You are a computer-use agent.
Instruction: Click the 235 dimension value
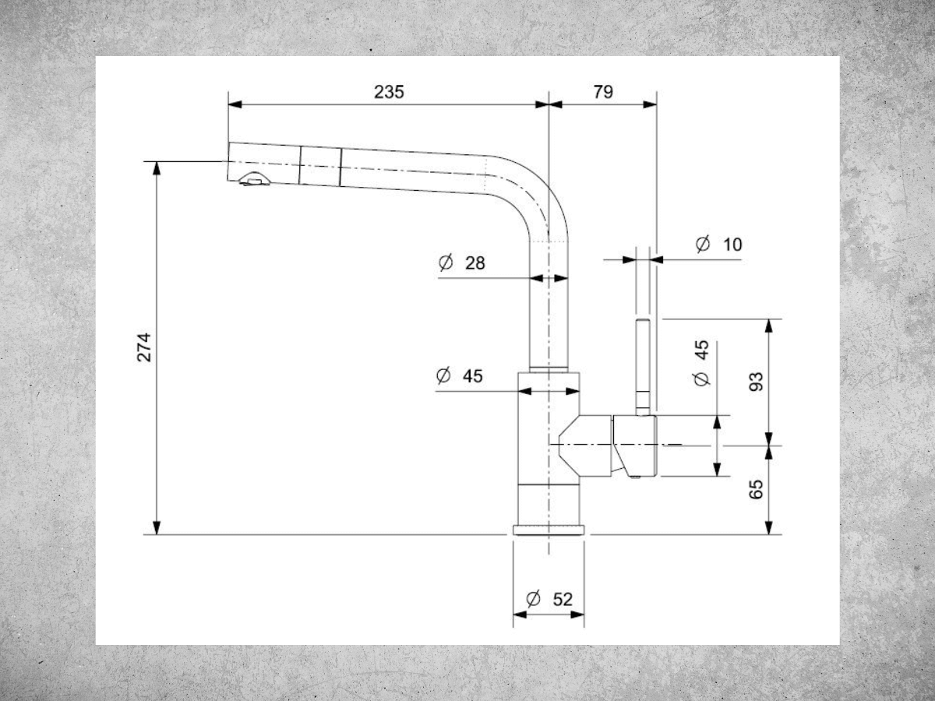click(389, 92)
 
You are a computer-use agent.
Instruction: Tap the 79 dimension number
click(603, 92)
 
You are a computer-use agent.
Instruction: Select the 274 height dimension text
click(144, 347)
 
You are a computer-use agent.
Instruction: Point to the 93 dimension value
click(756, 382)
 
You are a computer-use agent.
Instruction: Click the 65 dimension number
click(756, 489)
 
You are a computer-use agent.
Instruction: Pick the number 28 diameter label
click(475, 263)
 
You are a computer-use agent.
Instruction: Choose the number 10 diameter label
click(732, 245)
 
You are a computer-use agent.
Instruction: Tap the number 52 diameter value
click(563, 600)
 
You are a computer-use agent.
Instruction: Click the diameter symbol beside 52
click(533, 599)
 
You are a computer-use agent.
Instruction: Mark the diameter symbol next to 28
click(446, 262)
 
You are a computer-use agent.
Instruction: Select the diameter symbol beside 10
click(703, 244)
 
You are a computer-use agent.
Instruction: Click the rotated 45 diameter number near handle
click(702, 350)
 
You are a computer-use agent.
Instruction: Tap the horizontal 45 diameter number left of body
click(473, 376)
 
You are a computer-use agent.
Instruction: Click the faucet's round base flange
click(549, 530)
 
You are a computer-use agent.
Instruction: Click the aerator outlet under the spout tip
click(254, 180)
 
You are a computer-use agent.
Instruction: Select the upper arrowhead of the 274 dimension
click(157, 168)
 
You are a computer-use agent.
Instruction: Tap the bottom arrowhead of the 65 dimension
click(769, 527)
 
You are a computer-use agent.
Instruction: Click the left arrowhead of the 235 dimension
click(235, 104)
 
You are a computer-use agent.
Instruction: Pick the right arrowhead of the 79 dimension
click(650, 104)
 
